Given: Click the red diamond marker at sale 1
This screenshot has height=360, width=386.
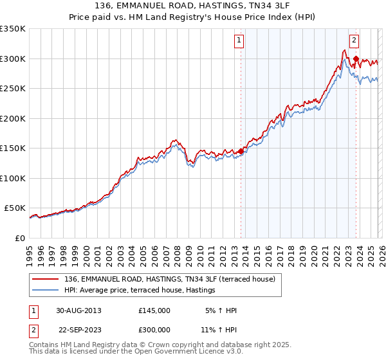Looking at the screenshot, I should tap(241, 152).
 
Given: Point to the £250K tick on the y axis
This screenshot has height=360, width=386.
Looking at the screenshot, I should tap(13, 89).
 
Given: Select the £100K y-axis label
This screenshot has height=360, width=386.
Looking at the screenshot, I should tap(13, 178).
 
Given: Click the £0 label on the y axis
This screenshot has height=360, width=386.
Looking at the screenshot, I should tap(19, 238).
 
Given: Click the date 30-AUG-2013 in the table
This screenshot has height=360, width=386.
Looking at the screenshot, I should tap(80, 310).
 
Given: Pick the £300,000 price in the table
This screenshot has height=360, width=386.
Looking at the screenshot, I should tap(154, 329).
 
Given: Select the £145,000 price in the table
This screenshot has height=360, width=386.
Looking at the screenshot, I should tap(154, 310).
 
